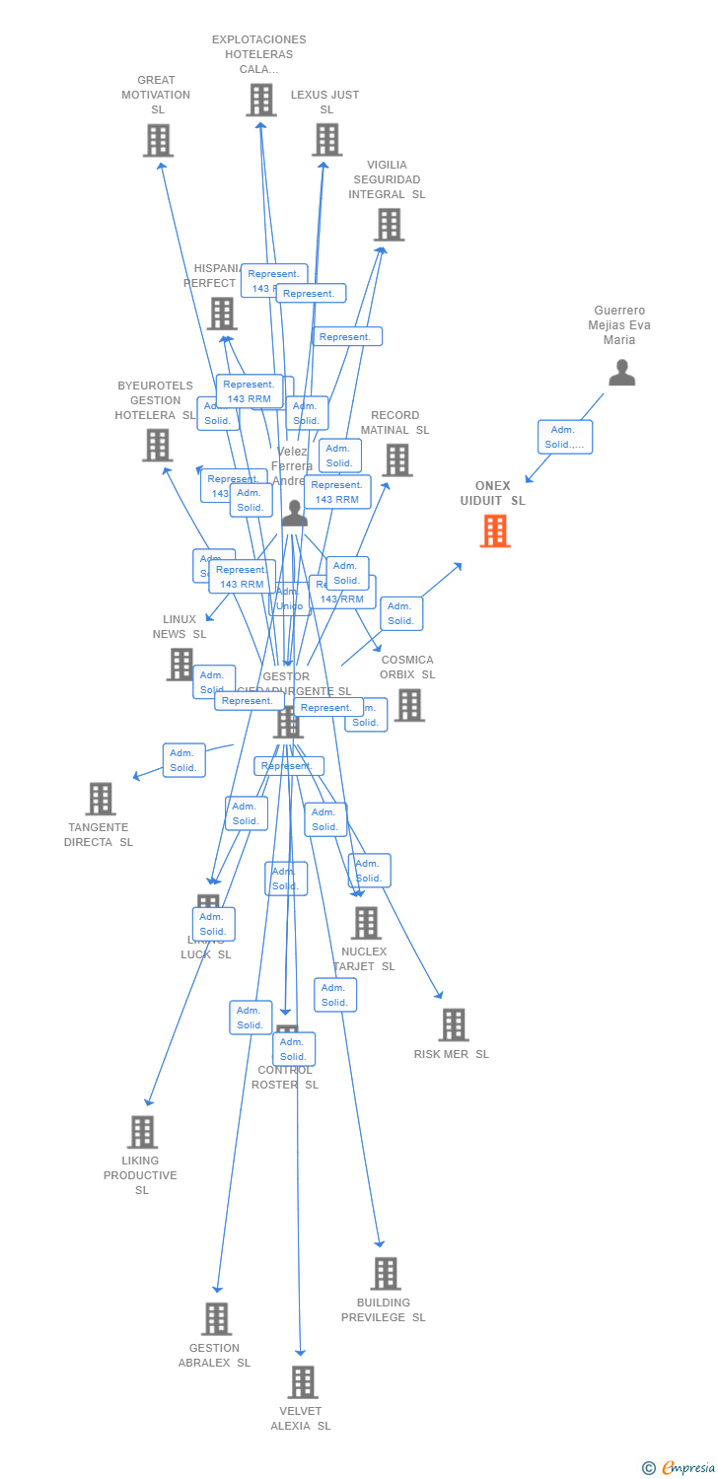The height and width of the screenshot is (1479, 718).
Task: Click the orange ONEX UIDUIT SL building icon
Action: pyautogui.click(x=494, y=530)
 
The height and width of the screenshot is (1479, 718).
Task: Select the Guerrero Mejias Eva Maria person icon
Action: pyautogui.click(x=621, y=373)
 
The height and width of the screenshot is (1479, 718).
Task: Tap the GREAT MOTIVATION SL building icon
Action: pyautogui.click(x=158, y=141)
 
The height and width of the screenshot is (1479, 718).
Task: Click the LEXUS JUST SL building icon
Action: pyautogui.click(x=327, y=140)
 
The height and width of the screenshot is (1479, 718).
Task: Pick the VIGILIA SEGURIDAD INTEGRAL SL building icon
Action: pyautogui.click(x=389, y=225)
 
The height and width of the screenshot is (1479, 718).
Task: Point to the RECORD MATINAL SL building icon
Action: pyautogui.click(x=396, y=460)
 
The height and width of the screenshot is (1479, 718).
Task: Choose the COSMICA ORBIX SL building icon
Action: pyautogui.click(x=409, y=705)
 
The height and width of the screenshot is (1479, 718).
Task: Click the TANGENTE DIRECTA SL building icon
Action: pyautogui.click(x=101, y=799)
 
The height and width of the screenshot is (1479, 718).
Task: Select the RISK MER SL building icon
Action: pyautogui.click(x=453, y=1025)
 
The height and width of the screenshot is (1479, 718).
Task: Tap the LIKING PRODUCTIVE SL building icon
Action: pyautogui.click(x=142, y=1132)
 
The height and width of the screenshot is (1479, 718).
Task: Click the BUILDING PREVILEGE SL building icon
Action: pyautogui.click(x=386, y=1274)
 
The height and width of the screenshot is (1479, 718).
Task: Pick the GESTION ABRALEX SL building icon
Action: pyautogui.click(x=216, y=1319)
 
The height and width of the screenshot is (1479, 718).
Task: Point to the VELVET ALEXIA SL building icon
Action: pyautogui.click(x=303, y=1382)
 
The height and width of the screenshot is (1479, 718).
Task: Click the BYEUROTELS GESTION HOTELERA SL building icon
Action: pyautogui.click(x=158, y=446)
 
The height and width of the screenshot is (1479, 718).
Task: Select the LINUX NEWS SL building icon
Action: pyautogui.click(x=180, y=665)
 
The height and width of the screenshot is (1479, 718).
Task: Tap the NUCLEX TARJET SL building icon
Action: pyautogui.click(x=366, y=924)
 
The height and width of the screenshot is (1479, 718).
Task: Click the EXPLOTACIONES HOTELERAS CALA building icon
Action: pyautogui.click(x=261, y=100)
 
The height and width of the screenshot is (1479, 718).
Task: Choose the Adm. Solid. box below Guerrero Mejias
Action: pyautogui.click(x=564, y=437)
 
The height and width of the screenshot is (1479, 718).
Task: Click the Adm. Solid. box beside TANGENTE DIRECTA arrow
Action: pyautogui.click(x=183, y=760)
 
